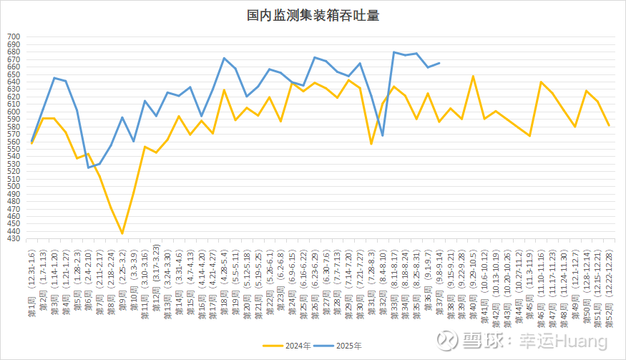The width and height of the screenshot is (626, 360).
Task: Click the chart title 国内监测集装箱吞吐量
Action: click(313, 14)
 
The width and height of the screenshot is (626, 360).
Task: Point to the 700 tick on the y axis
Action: click(14, 37)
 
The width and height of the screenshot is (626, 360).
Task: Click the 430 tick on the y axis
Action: click(14, 239)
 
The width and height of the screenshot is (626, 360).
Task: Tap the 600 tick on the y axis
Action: click(14, 112)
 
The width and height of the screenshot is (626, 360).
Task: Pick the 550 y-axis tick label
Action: click(14, 149)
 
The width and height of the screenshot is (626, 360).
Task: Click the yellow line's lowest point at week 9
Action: click(122, 233)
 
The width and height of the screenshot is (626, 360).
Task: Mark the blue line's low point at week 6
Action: click(89, 167)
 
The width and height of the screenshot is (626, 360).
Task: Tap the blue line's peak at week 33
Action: click(394, 52)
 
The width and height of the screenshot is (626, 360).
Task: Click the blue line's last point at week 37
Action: click(439, 63)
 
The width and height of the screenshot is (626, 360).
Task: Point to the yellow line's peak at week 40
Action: click(473, 76)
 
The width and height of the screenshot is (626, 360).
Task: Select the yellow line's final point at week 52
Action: click(609, 126)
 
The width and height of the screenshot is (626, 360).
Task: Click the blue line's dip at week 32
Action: click(383, 136)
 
